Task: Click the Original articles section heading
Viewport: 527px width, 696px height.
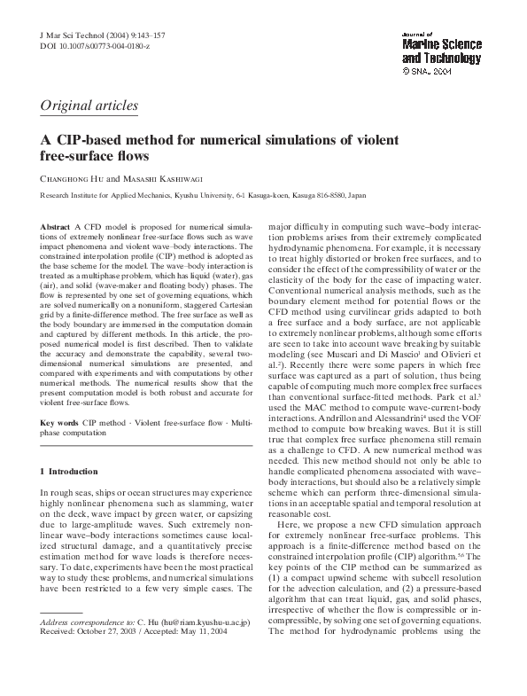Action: click(x=89, y=106)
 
